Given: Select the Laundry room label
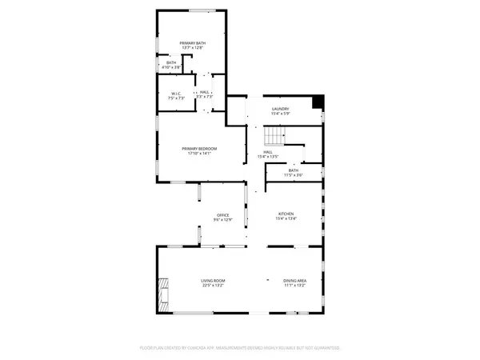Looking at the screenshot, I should coord(280,109).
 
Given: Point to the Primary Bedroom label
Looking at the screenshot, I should coord(199,149).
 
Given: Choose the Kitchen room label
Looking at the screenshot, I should coord(286,214).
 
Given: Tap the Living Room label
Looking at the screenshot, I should coord(213,281).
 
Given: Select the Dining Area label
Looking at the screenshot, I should coord(295,281).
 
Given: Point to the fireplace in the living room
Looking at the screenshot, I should coord(163,292).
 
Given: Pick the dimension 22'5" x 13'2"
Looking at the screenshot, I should coord(213,286).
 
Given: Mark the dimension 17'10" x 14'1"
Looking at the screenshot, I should coord(199,154).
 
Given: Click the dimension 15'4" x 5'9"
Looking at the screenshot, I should coord(280,114).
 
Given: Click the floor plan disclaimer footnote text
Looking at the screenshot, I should coord(240,348).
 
